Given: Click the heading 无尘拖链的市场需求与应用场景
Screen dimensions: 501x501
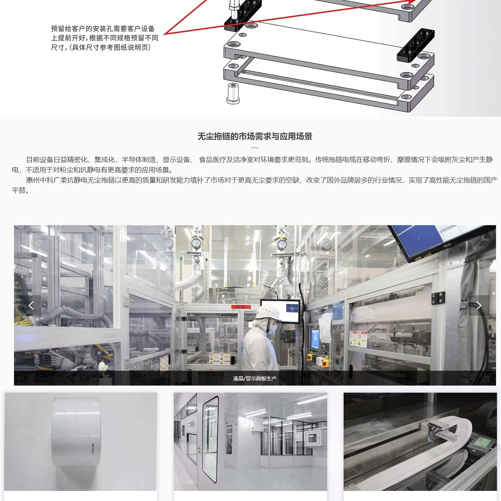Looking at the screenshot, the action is click(255, 136).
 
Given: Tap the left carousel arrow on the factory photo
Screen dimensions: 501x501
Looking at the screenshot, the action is click(31, 305).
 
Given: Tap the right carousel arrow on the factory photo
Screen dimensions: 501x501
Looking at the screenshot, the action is click(479, 305).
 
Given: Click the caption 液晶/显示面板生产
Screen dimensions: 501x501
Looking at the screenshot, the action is click(255, 378).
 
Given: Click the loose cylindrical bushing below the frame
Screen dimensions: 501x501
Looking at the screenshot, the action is click(233, 93).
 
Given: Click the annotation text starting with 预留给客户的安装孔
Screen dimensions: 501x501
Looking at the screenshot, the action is click(104, 38).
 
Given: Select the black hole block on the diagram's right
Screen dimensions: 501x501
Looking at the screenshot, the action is click(415, 45).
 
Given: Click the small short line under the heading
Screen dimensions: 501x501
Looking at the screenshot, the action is click(255, 147).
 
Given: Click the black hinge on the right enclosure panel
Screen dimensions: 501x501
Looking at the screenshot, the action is click(438, 298).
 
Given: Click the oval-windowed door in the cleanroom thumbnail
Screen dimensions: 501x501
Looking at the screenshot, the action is click(210, 439).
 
